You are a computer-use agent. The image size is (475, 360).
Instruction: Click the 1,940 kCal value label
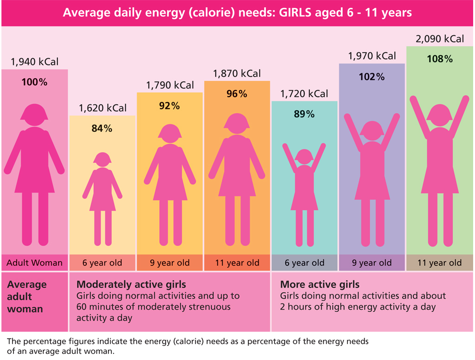tap(35, 62)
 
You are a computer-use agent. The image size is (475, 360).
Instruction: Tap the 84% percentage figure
tap(102, 129)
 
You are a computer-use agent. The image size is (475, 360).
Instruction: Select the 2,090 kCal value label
tap(440, 39)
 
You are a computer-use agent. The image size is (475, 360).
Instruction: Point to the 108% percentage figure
tap(440, 59)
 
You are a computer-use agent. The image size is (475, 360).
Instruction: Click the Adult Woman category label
tap(34, 263)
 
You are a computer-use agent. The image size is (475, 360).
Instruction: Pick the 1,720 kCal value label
tap(304, 94)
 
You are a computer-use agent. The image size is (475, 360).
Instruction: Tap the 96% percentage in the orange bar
tap(237, 94)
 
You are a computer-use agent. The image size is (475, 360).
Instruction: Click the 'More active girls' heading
tap(320, 284)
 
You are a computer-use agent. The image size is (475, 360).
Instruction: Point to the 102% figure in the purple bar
tap(372, 77)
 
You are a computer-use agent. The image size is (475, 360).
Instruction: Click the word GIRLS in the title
tap(298, 13)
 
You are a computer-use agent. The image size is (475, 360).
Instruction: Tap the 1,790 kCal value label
tap(170, 85)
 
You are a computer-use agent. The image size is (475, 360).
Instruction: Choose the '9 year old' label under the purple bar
tap(372, 263)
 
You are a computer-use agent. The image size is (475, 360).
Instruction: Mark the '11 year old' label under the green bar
tap(439, 263)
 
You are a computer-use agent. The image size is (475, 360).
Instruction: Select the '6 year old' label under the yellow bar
tap(102, 263)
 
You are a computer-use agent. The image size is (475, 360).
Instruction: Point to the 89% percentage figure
tap(304, 114)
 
